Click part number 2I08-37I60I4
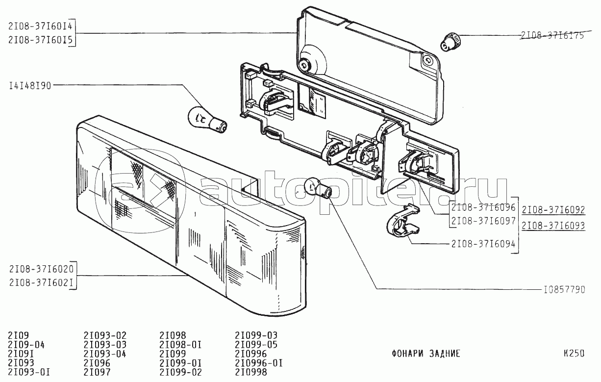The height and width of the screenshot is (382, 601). point(40,26)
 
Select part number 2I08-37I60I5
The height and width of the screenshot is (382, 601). point(40,40)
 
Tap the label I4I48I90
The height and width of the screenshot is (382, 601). point(30,86)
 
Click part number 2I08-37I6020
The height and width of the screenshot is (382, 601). point(41,269)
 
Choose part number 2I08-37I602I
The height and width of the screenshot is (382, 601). point(41,282)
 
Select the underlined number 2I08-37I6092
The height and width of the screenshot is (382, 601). point(553,210)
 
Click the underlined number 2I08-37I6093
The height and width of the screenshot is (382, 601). point(553,226)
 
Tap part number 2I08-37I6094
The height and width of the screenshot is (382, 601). point(483,244)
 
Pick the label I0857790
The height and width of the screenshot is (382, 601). point(565,290)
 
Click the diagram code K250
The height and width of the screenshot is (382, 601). point(574,353)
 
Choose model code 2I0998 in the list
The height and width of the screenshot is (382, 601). point(251,372)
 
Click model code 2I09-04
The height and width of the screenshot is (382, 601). point(26,345)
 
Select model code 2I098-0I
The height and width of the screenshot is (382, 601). point(180,345)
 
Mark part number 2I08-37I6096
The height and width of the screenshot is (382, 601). point(483,207)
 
